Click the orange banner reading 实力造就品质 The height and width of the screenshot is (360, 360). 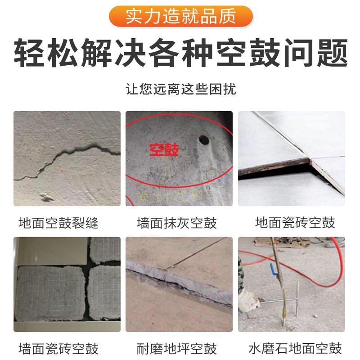[x=180, y=16]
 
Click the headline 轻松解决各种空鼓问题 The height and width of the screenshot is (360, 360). [x=180, y=53]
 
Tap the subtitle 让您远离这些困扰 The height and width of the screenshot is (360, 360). [x=180, y=88]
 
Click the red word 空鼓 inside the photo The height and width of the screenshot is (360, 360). [x=164, y=149]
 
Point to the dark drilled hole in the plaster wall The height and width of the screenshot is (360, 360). [x=203, y=140]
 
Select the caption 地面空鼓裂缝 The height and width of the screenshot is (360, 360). [x=58, y=222]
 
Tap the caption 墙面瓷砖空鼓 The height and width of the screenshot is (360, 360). [x=58, y=348]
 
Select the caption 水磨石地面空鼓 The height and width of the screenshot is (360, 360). [x=295, y=348]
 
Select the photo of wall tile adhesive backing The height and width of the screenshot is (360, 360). [x=67, y=284]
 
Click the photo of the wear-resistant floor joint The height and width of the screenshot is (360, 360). [x=179, y=284]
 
